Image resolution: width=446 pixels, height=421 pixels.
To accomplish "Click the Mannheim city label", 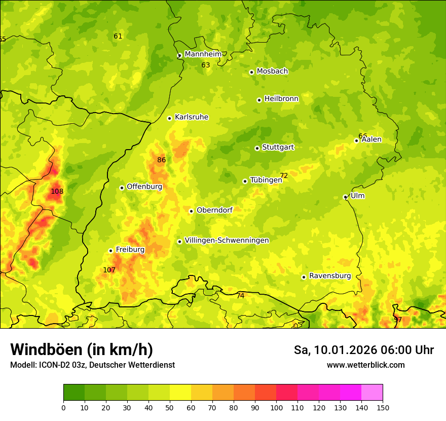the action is pyautogui.click(x=203, y=54).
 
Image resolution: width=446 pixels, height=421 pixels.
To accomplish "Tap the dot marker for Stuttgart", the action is pyautogui.click(x=257, y=148).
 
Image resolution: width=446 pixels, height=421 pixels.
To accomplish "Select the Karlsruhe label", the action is pyautogui.click(x=191, y=117).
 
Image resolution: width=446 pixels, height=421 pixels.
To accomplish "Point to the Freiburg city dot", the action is pyautogui.click(x=110, y=251).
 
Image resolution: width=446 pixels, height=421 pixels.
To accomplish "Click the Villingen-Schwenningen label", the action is pyautogui.click(x=227, y=240).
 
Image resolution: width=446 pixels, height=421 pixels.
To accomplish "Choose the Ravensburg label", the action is pyautogui.click(x=330, y=276).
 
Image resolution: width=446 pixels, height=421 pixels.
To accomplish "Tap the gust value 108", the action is pyautogui.click(x=57, y=192).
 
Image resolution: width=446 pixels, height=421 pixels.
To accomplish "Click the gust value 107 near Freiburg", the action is pyautogui.click(x=109, y=270).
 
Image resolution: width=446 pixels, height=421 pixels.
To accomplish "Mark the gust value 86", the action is pyautogui.click(x=161, y=160).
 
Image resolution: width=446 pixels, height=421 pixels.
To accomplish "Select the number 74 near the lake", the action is pyautogui.click(x=240, y=296).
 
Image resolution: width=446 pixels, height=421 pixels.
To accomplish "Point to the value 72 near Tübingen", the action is pyautogui.click(x=284, y=176).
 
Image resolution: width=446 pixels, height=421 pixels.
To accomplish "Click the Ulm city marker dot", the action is pyautogui.click(x=345, y=197).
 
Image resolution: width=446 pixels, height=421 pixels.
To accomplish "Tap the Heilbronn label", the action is pyautogui.click(x=281, y=99).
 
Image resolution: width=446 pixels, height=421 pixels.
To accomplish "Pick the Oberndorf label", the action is pyautogui.click(x=214, y=210).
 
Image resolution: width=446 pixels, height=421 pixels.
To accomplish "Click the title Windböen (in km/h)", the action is pyautogui.click(x=81, y=349).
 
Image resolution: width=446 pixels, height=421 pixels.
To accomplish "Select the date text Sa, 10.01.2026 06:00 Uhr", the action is pyautogui.click(x=363, y=350).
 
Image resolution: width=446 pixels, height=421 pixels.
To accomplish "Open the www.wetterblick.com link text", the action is pyautogui.click(x=365, y=365).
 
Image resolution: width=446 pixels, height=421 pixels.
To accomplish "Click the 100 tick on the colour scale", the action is pyautogui.click(x=276, y=407).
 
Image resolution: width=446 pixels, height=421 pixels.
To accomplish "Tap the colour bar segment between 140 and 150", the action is pyautogui.click(x=372, y=393).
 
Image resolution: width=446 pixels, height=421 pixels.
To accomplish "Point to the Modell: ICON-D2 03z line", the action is pyautogui.click(x=92, y=365).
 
